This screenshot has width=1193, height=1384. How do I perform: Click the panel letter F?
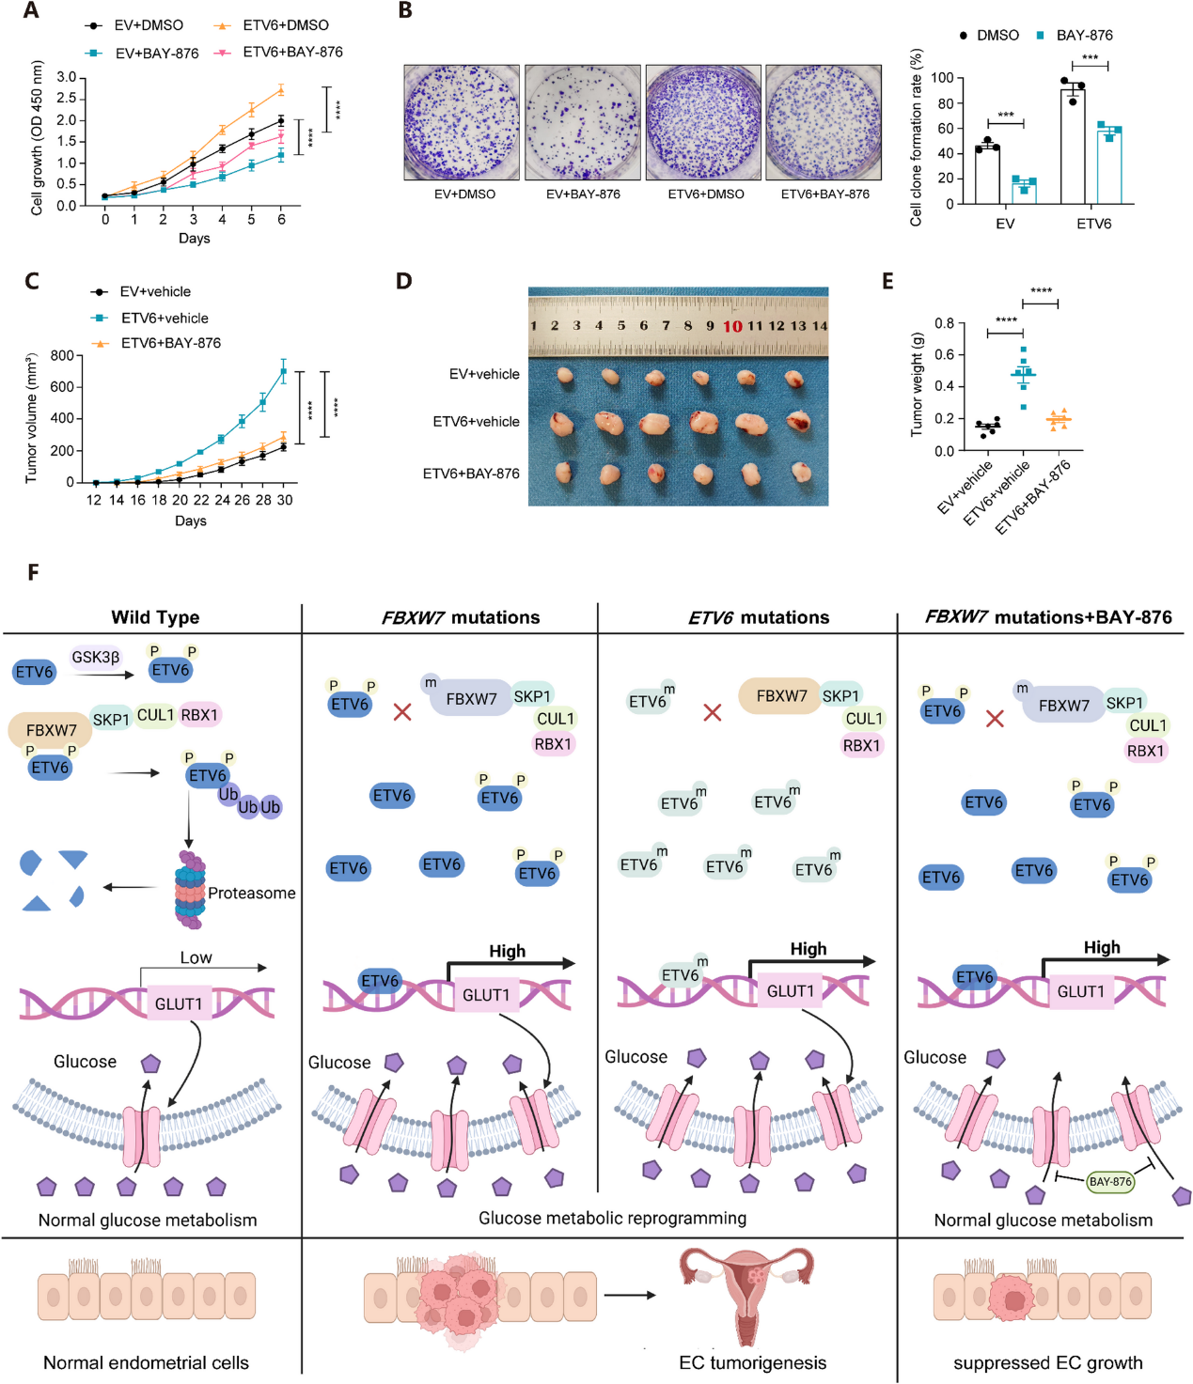click(x=33, y=572)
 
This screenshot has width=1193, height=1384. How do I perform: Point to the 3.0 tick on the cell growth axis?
click(x=66, y=77)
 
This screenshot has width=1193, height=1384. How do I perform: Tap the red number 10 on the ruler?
click(x=732, y=326)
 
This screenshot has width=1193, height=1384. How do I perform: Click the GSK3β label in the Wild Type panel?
click(x=95, y=657)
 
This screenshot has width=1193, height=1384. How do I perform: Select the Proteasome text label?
click(x=251, y=893)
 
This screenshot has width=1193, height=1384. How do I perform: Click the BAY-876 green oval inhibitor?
click(x=1110, y=1181)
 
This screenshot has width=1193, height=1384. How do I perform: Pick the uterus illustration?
click(x=748, y=1294)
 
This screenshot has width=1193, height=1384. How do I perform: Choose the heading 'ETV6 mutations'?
click(x=759, y=617)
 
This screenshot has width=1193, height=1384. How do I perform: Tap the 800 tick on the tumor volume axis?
click(x=62, y=355)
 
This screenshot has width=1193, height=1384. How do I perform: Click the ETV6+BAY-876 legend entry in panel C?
click(x=170, y=343)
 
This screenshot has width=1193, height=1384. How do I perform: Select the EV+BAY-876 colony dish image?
click(x=583, y=122)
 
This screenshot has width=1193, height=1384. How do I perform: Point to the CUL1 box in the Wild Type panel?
click(x=155, y=715)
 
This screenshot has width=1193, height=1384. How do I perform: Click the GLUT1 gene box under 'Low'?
click(x=179, y=1003)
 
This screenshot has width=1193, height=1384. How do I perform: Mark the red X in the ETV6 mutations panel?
click(x=713, y=712)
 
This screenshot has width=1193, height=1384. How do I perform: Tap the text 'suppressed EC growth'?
click(x=1047, y=1362)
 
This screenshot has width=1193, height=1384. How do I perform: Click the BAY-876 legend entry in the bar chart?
click(x=1084, y=35)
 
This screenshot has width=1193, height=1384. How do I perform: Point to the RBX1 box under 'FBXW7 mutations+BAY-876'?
click(x=1145, y=751)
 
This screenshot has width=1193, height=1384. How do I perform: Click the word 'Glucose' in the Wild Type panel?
click(x=85, y=1062)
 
